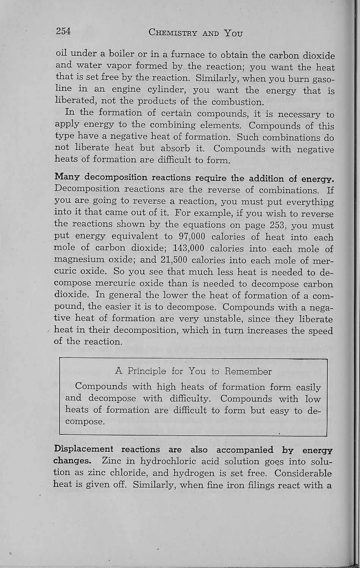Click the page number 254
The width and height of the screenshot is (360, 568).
(x=63, y=31)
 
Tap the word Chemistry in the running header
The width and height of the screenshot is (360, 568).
(x=172, y=33)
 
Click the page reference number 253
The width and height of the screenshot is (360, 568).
(x=280, y=225)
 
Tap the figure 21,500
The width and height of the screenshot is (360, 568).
(x=174, y=260)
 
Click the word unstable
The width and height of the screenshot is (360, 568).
(x=223, y=319)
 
